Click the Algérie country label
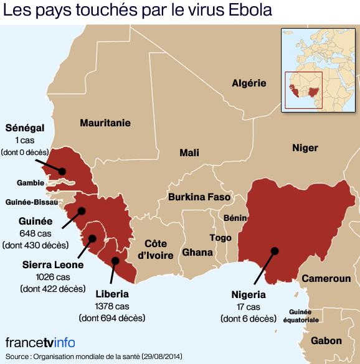click(x=249, y=83)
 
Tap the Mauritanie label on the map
click(x=105, y=123)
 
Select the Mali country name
click(x=189, y=152)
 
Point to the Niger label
click(x=305, y=148)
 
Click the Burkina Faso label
click(x=199, y=197)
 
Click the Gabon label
click(x=326, y=340)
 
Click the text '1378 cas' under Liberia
click(x=112, y=306)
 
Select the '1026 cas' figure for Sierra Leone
click(x=54, y=276)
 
